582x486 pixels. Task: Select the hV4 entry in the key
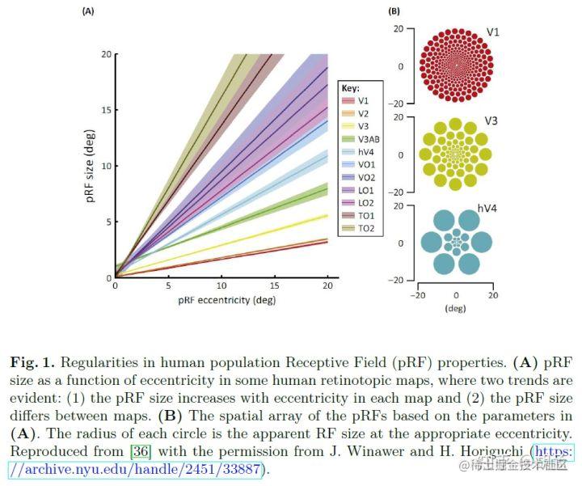pos(365,151)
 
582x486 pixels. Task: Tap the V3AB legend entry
pos(366,138)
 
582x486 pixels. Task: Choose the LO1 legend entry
pos(365,190)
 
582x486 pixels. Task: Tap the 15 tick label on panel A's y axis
pos(105,110)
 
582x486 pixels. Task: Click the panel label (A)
pos(87,12)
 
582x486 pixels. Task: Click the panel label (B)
pos(394,11)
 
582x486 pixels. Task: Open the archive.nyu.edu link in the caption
pos(137,468)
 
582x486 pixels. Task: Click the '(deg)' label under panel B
pos(456,308)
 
